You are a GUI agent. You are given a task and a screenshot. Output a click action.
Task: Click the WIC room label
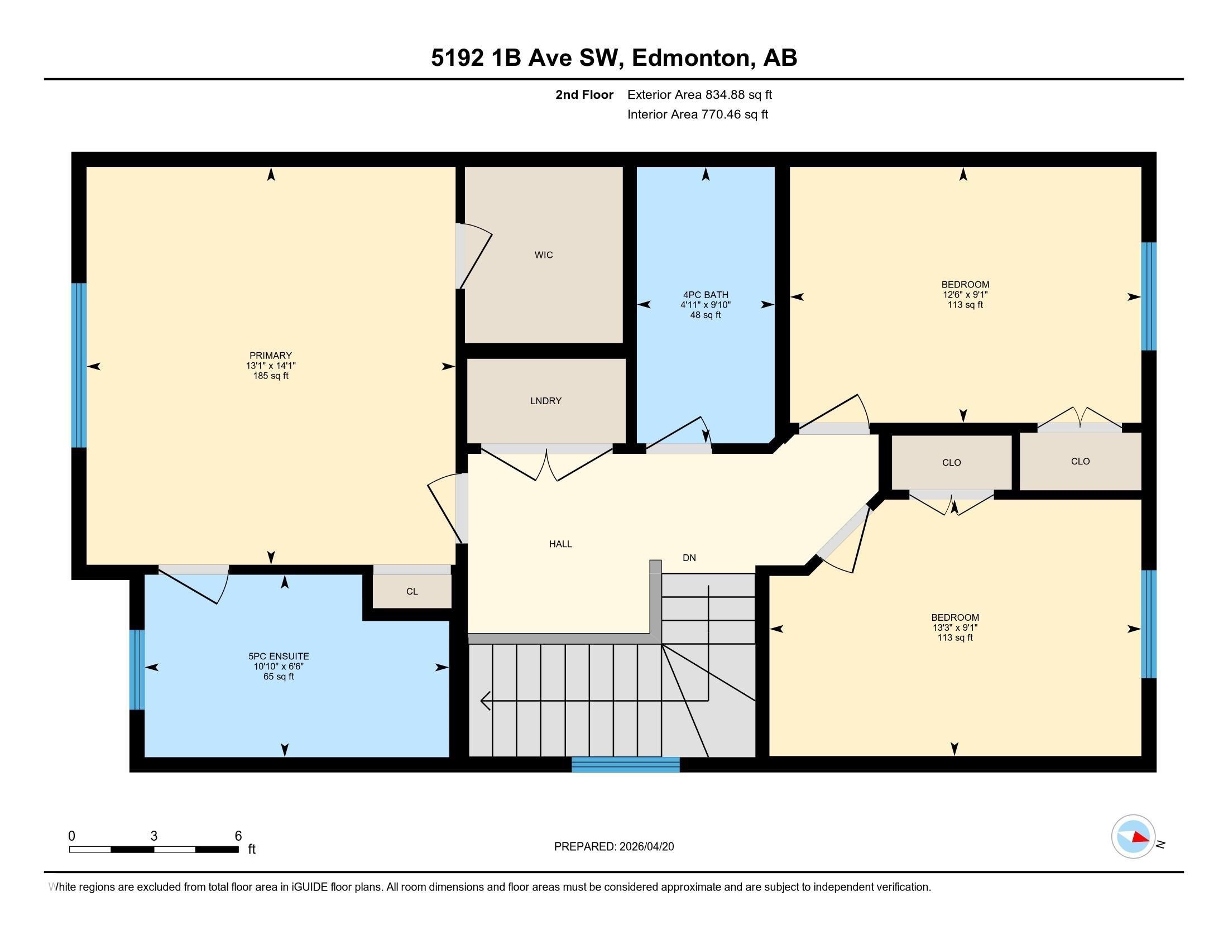pyautogui.click(x=543, y=255)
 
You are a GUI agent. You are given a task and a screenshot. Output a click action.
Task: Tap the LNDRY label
pyautogui.click(x=545, y=401)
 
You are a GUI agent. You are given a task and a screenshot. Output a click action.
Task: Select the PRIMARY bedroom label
pyautogui.click(x=271, y=355)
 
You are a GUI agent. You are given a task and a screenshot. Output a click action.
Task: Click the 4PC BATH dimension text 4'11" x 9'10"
pyautogui.click(x=705, y=305)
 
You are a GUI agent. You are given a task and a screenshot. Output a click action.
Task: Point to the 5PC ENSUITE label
pyautogui.click(x=279, y=656)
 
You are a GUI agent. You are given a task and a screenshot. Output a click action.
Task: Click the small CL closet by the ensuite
pyautogui.click(x=412, y=591)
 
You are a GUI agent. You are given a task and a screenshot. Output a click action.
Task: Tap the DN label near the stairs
pyautogui.click(x=689, y=558)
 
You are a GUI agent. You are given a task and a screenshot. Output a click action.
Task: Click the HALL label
pyautogui.click(x=560, y=544)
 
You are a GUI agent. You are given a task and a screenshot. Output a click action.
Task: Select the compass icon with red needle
pyautogui.click(x=1133, y=836)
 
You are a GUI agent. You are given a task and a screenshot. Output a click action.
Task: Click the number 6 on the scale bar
pyautogui.click(x=238, y=836)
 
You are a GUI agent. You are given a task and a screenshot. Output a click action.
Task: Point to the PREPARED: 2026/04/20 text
pyautogui.click(x=613, y=847)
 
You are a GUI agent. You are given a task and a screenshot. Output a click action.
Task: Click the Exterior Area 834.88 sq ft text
pyautogui.click(x=699, y=95)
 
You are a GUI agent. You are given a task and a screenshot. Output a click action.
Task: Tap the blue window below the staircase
pyautogui.click(x=625, y=765)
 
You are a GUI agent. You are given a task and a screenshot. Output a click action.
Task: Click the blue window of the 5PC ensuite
pyautogui.click(x=137, y=669)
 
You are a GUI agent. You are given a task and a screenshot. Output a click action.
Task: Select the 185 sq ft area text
pyautogui.click(x=271, y=376)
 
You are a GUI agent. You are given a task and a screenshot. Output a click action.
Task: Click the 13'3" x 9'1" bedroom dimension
pyautogui.click(x=954, y=627)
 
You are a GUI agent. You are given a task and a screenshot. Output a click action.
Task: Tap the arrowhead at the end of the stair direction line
pyautogui.click(x=485, y=701)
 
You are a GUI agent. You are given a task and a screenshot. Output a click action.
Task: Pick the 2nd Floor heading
pyautogui.click(x=584, y=95)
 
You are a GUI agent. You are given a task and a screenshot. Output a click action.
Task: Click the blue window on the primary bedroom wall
pyautogui.click(x=79, y=365)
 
